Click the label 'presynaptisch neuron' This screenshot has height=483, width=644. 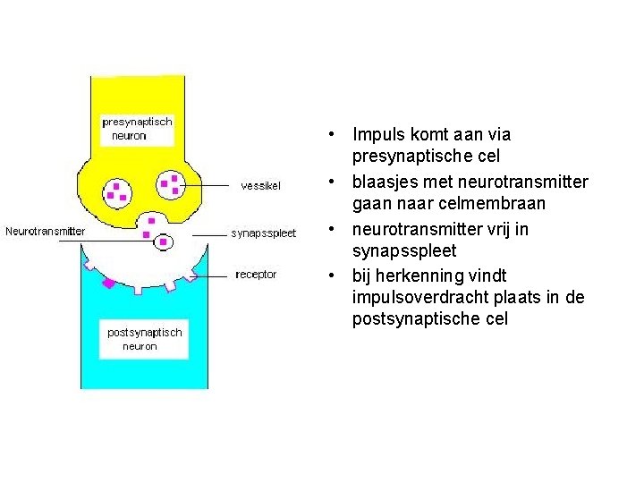137,129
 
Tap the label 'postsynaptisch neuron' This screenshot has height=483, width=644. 144,339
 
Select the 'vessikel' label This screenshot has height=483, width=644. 260,186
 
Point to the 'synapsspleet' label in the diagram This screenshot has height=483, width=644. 263,233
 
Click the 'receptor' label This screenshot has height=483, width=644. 256,275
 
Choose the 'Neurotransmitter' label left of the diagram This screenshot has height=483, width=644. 46,232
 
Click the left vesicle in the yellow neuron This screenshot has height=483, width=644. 117,190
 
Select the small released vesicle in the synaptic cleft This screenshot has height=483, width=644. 164,241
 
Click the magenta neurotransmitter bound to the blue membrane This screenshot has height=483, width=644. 109,284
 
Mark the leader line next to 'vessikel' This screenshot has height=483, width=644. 210,185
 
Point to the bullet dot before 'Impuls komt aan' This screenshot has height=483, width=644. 331,136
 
